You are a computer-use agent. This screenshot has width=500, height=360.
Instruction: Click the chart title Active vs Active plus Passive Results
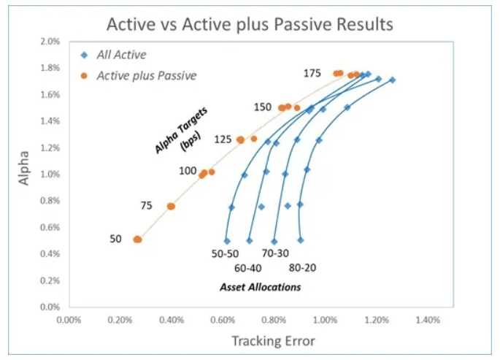(250, 23)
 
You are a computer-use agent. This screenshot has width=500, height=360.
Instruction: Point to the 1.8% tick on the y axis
(49, 68)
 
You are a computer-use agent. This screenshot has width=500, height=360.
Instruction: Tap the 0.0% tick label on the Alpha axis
(49, 307)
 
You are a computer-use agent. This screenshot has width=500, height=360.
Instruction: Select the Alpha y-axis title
(25, 168)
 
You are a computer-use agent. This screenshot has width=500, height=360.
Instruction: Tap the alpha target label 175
(313, 73)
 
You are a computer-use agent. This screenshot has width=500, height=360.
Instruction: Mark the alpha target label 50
(116, 239)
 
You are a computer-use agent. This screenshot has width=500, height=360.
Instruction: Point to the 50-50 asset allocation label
(225, 253)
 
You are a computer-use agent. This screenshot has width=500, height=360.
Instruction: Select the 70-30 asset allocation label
(276, 253)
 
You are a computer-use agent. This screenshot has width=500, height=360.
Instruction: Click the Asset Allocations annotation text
(261, 287)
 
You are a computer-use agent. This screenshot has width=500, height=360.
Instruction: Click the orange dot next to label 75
(171, 207)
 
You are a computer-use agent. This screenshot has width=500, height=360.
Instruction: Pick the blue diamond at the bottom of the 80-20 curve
(300, 240)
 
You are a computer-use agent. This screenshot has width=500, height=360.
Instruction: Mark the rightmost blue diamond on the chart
(392, 80)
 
